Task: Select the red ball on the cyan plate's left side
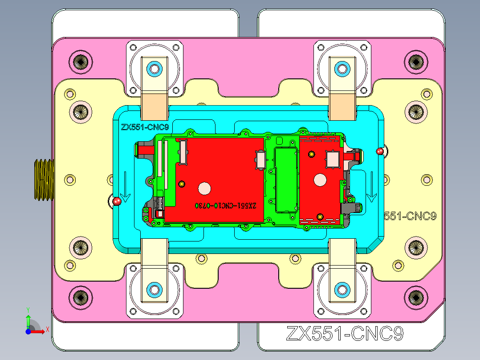click(x=117, y=201)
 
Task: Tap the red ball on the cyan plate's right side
click(x=380, y=151)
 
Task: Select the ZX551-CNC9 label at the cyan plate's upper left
click(x=145, y=127)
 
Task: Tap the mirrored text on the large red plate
click(x=226, y=205)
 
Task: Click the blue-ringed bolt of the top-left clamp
click(x=155, y=68)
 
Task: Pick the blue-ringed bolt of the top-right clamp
click(x=342, y=68)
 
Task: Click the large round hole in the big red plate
click(x=205, y=188)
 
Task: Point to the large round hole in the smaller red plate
click(x=320, y=180)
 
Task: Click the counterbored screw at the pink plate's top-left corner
click(x=81, y=61)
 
